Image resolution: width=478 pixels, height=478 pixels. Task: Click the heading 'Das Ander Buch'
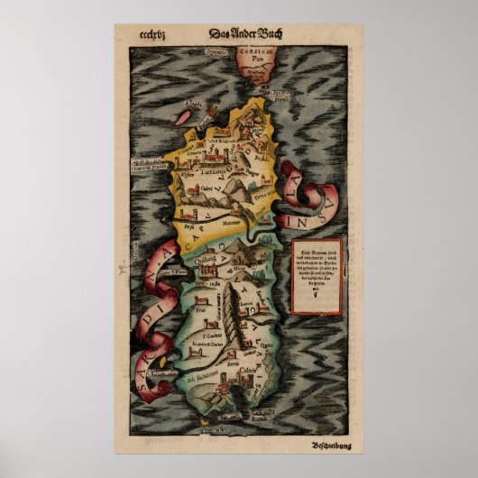[239, 35]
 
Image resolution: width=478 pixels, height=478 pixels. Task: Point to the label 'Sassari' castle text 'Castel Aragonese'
[221, 141]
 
